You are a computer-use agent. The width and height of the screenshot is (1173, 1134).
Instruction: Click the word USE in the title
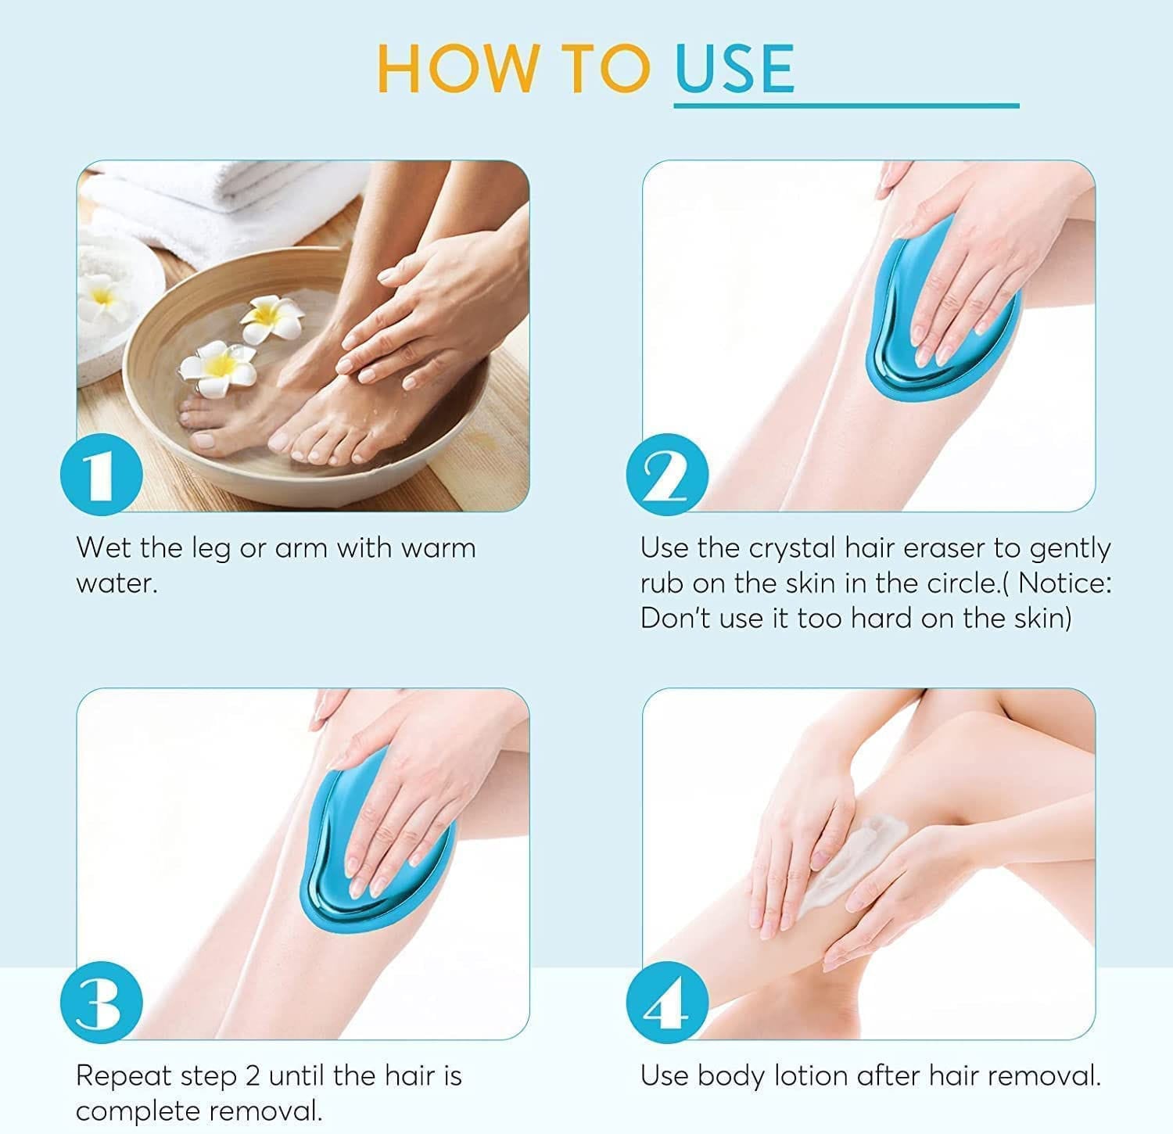tap(734, 68)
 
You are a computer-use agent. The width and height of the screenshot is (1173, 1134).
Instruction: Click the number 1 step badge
tap(101, 475)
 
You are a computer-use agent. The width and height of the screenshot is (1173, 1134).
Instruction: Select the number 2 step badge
tap(667, 475)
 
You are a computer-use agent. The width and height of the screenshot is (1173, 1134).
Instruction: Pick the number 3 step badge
tap(101, 1003)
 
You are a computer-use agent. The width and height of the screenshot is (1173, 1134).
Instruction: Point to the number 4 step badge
tap(667, 1003)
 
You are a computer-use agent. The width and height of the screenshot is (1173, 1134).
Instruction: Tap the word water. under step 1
tap(117, 583)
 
